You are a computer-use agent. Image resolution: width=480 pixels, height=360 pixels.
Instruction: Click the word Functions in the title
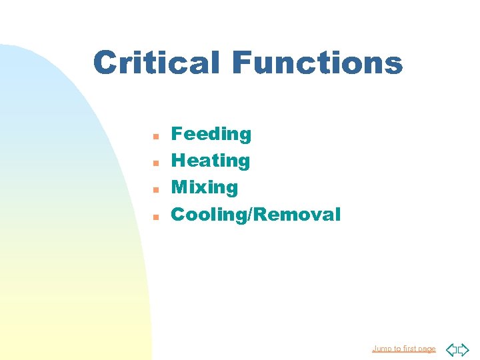point(317,63)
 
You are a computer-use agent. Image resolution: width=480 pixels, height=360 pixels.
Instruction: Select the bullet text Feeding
point(211,134)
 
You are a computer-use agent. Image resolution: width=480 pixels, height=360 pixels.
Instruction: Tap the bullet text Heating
point(211,161)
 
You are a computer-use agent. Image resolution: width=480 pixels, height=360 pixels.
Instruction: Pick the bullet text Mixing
point(205,187)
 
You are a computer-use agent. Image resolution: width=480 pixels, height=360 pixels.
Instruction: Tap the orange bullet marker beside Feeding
point(155,136)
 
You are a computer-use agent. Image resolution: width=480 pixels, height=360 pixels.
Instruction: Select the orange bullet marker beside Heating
point(155,163)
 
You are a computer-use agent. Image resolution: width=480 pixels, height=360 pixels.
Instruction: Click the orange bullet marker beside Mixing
point(155,189)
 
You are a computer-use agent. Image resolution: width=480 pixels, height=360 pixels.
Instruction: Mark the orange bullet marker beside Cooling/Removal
point(155,217)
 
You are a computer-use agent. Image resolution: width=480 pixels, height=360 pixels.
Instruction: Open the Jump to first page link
point(403,349)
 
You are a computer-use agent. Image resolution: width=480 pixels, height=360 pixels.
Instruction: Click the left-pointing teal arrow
point(451,349)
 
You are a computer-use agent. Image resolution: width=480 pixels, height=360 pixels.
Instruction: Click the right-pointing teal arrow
point(463,349)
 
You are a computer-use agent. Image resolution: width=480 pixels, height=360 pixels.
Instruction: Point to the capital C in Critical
point(105,63)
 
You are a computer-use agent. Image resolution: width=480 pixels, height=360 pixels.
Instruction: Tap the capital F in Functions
point(243,63)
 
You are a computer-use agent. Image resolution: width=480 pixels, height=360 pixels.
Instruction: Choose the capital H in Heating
point(179,161)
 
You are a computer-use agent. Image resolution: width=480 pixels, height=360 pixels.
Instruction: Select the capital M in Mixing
point(180,187)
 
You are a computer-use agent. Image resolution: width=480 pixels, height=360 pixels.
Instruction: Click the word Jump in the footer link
point(381,349)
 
